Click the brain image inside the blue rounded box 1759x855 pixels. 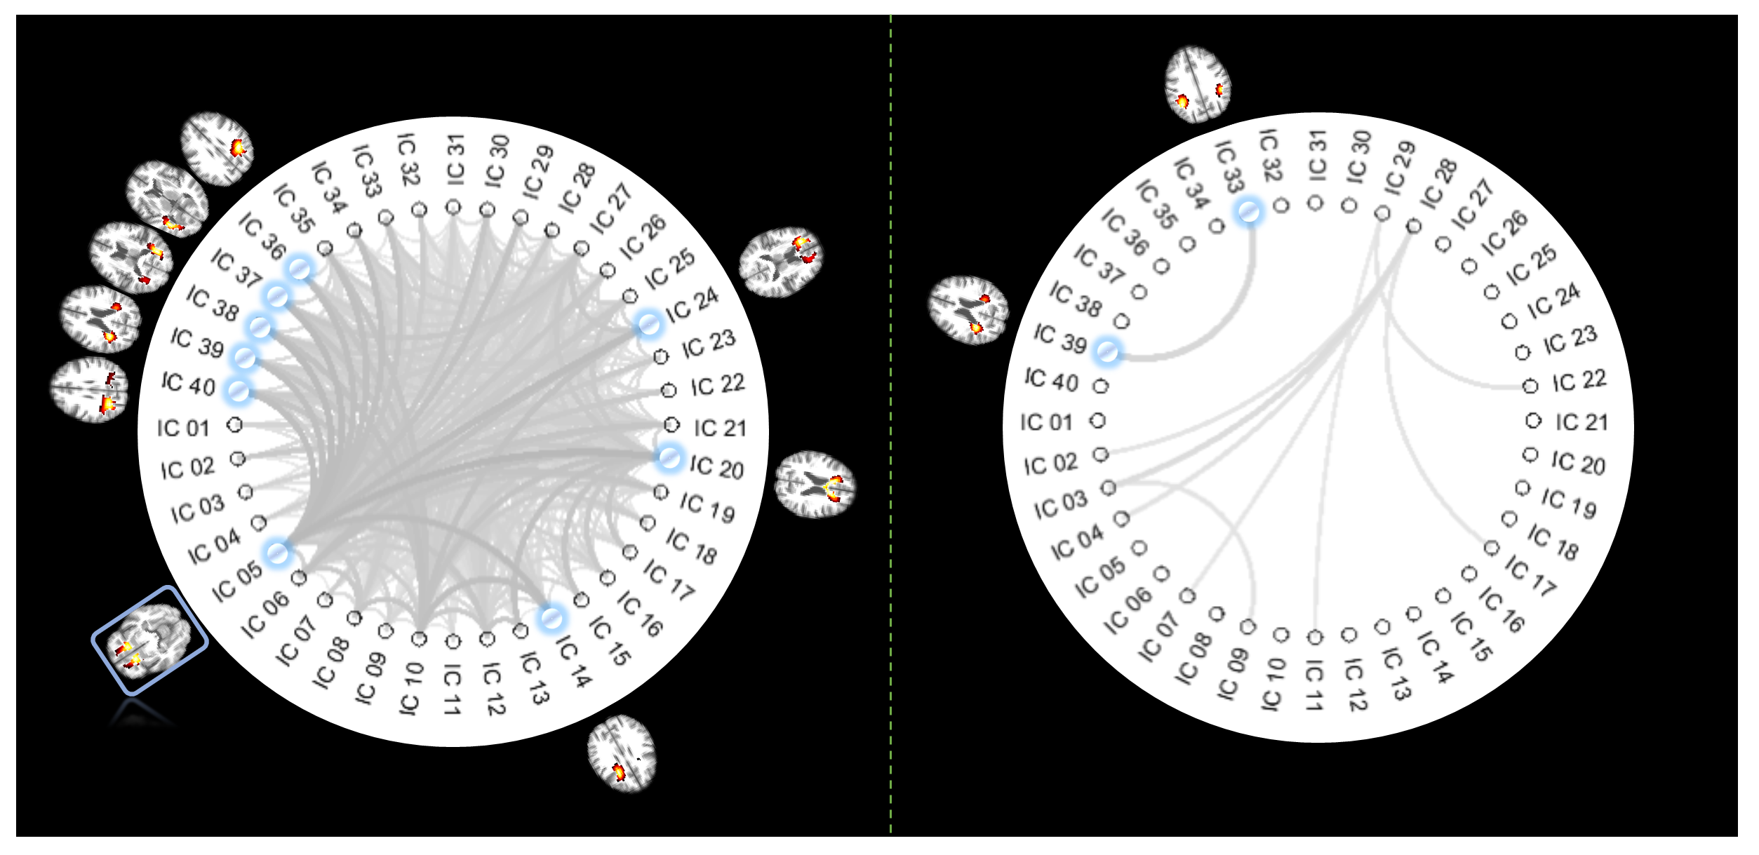point(148,641)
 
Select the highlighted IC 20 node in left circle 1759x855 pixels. point(669,457)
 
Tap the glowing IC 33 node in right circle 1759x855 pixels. point(1248,211)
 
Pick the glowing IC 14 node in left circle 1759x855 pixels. point(551,618)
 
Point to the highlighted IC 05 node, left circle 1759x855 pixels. point(277,553)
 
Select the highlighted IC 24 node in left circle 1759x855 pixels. point(648,324)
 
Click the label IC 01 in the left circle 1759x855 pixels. point(184,428)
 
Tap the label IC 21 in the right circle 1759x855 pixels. point(1582,422)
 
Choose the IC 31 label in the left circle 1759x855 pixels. point(455,161)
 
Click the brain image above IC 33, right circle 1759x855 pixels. point(1198,85)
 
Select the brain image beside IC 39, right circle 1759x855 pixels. point(969,310)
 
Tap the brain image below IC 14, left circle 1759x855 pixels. point(622,753)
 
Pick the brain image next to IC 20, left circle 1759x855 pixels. point(815,485)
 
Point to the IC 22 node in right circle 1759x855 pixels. point(1531,386)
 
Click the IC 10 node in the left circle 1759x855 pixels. point(419,639)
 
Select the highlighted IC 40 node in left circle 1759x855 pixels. point(238,391)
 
